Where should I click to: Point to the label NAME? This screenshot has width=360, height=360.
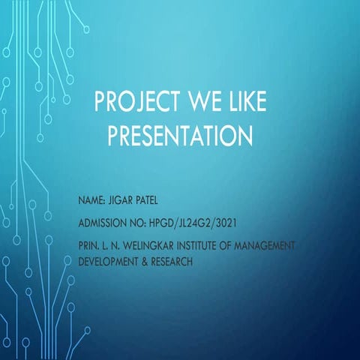click(93, 203)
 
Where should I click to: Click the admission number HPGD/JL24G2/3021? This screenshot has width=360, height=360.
click(197, 224)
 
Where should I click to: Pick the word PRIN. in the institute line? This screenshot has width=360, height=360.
click(89, 245)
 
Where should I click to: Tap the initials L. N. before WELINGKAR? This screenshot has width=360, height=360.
click(114, 245)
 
